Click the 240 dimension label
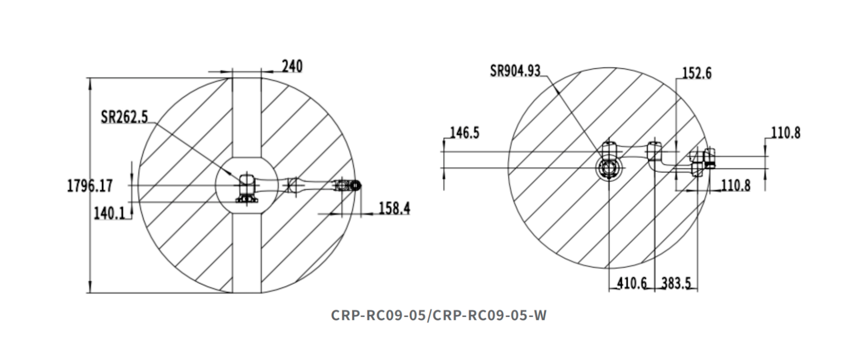(292, 66)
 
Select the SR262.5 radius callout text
(124, 117)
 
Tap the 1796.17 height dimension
(89, 185)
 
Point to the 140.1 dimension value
(109, 214)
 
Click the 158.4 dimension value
(394, 208)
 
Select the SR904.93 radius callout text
(515, 71)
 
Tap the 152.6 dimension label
(697, 73)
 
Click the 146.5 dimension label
(464, 133)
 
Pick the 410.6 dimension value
(632, 283)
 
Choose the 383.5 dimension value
(676, 283)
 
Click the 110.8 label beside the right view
(785, 133)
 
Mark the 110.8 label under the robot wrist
(735, 185)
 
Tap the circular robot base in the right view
(609, 169)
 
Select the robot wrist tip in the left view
(356, 185)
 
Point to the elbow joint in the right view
(654, 150)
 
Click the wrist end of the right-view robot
(709, 158)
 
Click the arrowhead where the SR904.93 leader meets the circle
(557, 90)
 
